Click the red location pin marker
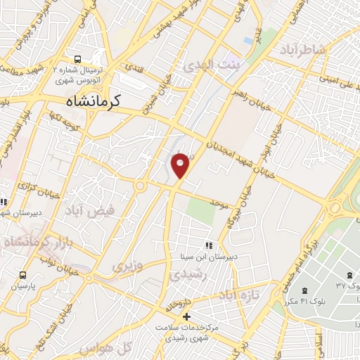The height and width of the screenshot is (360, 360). (x=181, y=165)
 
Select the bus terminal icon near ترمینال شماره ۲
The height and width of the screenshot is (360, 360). (x=77, y=59)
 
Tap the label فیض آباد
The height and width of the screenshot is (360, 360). (x=84, y=210)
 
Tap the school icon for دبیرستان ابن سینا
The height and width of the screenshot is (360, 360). (x=208, y=245)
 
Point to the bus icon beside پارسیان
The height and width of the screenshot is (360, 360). (x=23, y=275)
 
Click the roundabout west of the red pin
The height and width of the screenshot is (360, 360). (x=140, y=186)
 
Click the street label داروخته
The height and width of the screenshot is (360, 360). (x=179, y=304)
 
